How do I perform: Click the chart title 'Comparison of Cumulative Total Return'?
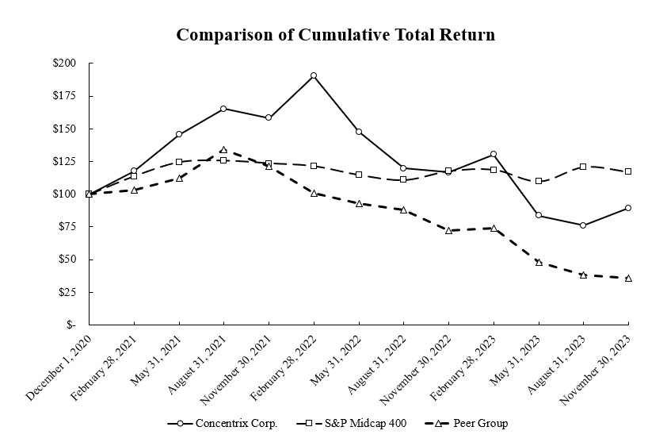tap(335, 36)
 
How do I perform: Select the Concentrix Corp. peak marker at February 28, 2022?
tap(314, 75)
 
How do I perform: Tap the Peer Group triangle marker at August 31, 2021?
tap(223, 149)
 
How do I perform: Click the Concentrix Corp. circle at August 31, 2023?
tap(583, 225)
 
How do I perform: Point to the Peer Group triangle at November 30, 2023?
tap(628, 278)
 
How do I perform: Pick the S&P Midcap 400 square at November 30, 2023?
tap(628, 171)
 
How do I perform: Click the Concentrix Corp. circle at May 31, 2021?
tap(179, 134)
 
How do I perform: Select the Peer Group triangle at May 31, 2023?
tap(539, 262)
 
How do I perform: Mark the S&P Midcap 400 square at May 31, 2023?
tap(539, 181)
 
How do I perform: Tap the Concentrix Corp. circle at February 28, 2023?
tap(494, 154)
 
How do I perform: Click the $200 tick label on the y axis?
tap(64, 63)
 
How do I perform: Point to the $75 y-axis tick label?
tap(67, 227)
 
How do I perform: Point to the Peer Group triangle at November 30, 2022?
tap(448, 230)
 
